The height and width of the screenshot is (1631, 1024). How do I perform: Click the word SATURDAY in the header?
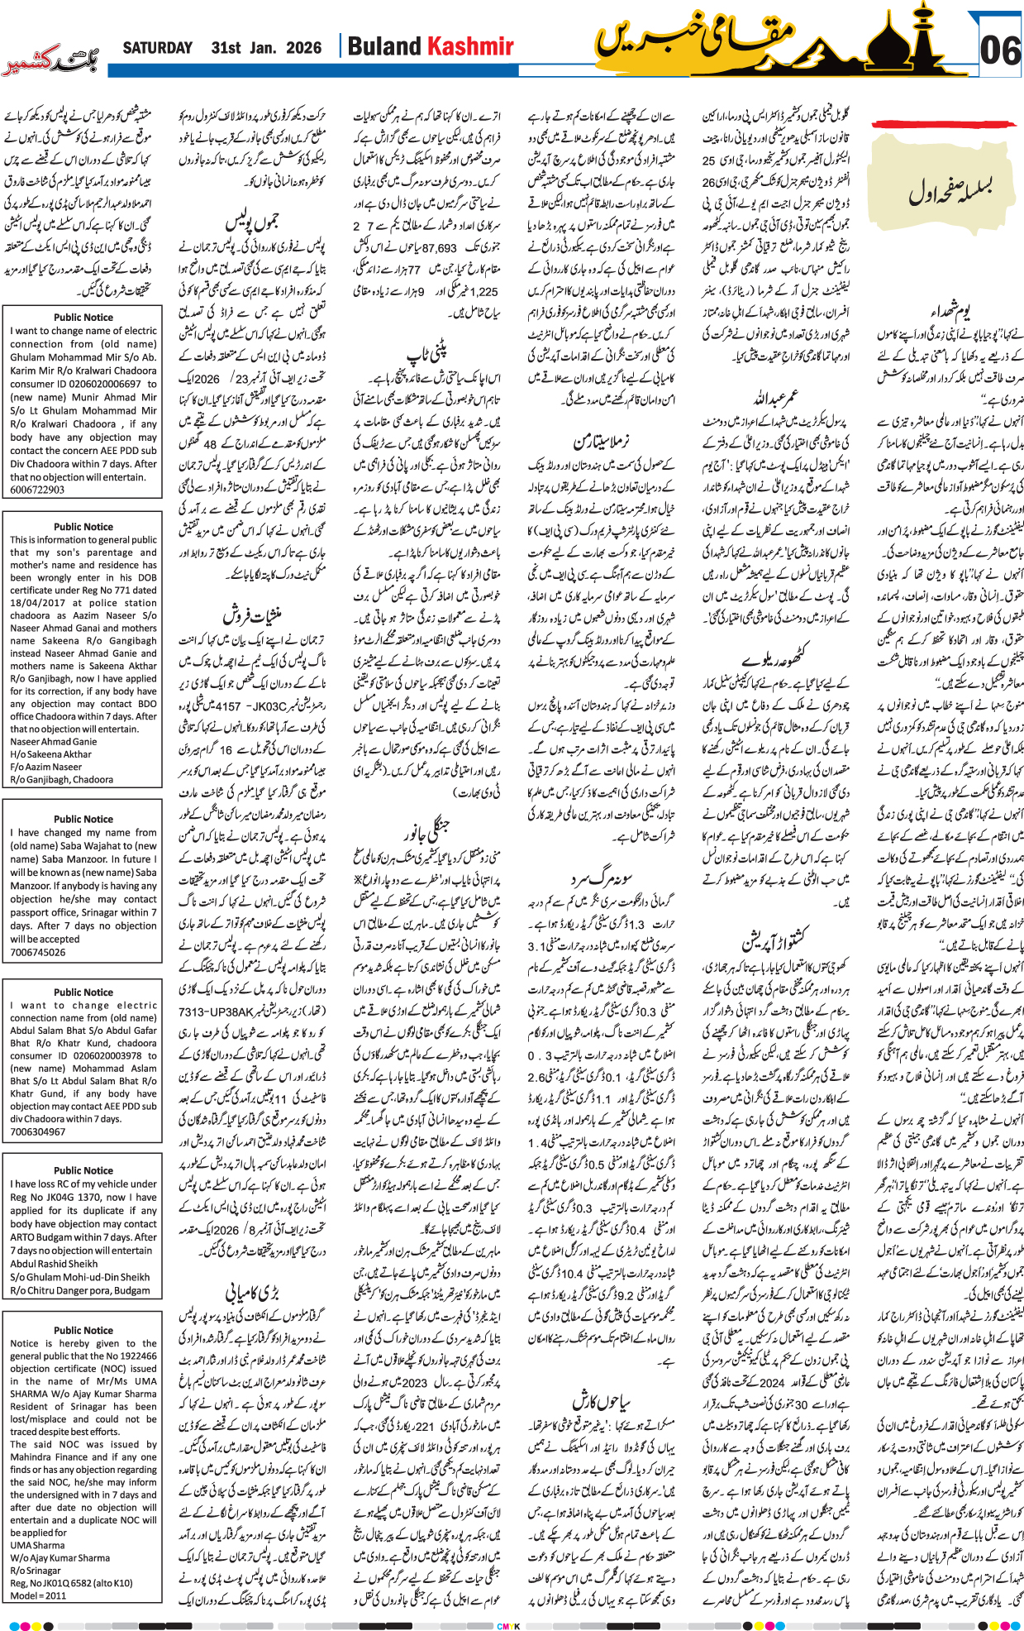pyautogui.click(x=157, y=48)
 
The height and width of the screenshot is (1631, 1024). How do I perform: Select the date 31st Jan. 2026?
pyautogui.click(x=266, y=48)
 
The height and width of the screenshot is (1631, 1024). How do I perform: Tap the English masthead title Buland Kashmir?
pyautogui.click(x=431, y=47)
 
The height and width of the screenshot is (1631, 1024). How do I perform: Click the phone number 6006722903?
pyautogui.click(x=37, y=490)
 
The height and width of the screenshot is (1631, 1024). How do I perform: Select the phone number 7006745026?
pyautogui.click(x=37, y=952)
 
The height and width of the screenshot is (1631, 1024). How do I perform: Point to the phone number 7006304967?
pyautogui.click(x=37, y=1131)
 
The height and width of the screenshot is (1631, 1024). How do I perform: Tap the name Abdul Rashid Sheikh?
pyautogui.click(x=54, y=1264)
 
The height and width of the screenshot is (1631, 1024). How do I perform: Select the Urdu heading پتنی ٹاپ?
pyautogui.click(x=427, y=354)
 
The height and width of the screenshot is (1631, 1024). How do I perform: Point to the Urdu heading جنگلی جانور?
pyautogui.click(x=425, y=827)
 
